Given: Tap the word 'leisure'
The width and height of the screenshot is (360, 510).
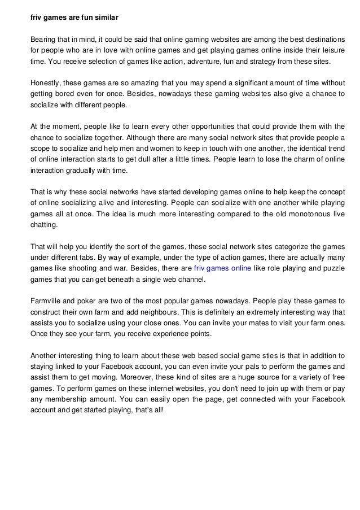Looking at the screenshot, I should point(333,51).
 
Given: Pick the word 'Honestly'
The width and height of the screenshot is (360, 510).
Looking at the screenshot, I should point(46,84).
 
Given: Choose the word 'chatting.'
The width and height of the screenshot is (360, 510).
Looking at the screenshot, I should point(45,225).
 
